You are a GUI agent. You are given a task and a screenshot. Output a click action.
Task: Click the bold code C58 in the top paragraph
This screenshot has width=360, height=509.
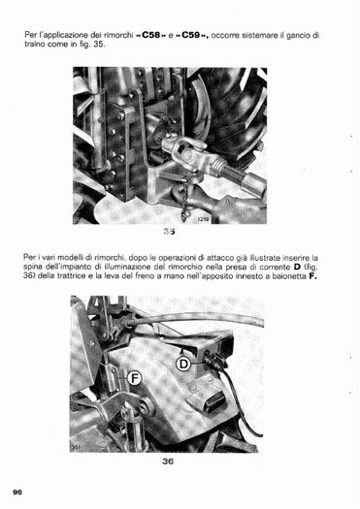coord(151,35)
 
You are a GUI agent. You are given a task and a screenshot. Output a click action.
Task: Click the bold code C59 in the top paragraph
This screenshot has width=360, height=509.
coord(191,35)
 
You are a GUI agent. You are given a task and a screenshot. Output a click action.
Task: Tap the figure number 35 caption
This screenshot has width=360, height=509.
coord(169,232)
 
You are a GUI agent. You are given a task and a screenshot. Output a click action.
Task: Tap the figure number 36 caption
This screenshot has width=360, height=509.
coord(168,461)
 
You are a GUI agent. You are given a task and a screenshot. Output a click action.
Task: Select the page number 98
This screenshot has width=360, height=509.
coord(17,493)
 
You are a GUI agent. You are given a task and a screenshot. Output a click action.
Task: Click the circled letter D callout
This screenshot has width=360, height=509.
coord(183,364)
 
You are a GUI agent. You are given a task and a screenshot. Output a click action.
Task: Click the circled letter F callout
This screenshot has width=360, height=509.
coord(134,378)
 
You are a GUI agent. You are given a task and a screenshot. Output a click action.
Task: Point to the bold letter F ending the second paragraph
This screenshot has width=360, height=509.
coord(313,276)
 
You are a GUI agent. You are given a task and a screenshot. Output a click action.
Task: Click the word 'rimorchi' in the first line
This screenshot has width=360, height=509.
coord(119,35)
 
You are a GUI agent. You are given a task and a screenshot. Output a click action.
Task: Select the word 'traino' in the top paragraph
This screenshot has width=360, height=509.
coord(34,45)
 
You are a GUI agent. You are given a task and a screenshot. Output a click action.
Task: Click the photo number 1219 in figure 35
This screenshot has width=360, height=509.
coord(204,219)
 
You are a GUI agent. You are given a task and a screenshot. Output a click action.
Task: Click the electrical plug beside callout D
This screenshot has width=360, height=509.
coord(213,362)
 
